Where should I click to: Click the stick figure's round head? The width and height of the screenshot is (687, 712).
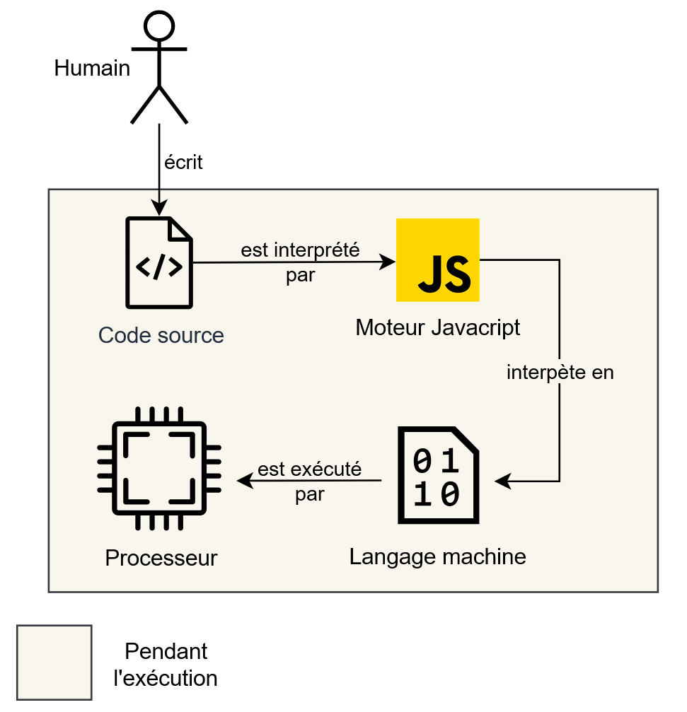pyautogui.click(x=158, y=25)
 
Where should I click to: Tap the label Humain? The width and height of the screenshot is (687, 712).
pyautogui.click(x=92, y=69)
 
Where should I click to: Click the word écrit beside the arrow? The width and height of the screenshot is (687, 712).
pyautogui.click(x=183, y=163)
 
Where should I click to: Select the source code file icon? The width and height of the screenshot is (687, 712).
pyautogui.click(x=159, y=262)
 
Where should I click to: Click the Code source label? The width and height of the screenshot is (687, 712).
pyautogui.click(x=161, y=335)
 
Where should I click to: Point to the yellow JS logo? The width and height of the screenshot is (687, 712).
pyautogui.click(x=437, y=260)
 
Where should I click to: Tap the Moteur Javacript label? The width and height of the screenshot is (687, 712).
pyautogui.click(x=437, y=327)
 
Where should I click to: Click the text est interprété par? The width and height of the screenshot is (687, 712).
pyautogui.click(x=301, y=262)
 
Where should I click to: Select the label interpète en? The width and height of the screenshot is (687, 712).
pyautogui.click(x=560, y=373)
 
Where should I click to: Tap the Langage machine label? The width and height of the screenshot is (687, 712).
pyautogui.click(x=437, y=556)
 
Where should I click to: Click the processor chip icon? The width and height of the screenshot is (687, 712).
pyautogui.click(x=159, y=469)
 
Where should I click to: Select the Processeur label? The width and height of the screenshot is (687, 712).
pyautogui.click(x=161, y=558)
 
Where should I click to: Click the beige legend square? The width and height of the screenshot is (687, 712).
pyautogui.click(x=54, y=663)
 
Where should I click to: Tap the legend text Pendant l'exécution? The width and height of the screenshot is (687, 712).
pyautogui.click(x=166, y=665)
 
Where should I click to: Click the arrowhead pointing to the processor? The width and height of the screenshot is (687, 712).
pyautogui.click(x=245, y=481)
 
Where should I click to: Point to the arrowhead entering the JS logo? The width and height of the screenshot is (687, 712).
pyautogui.click(x=388, y=262)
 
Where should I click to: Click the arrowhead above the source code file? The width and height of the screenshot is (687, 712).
pyautogui.click(x=159, y=209)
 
